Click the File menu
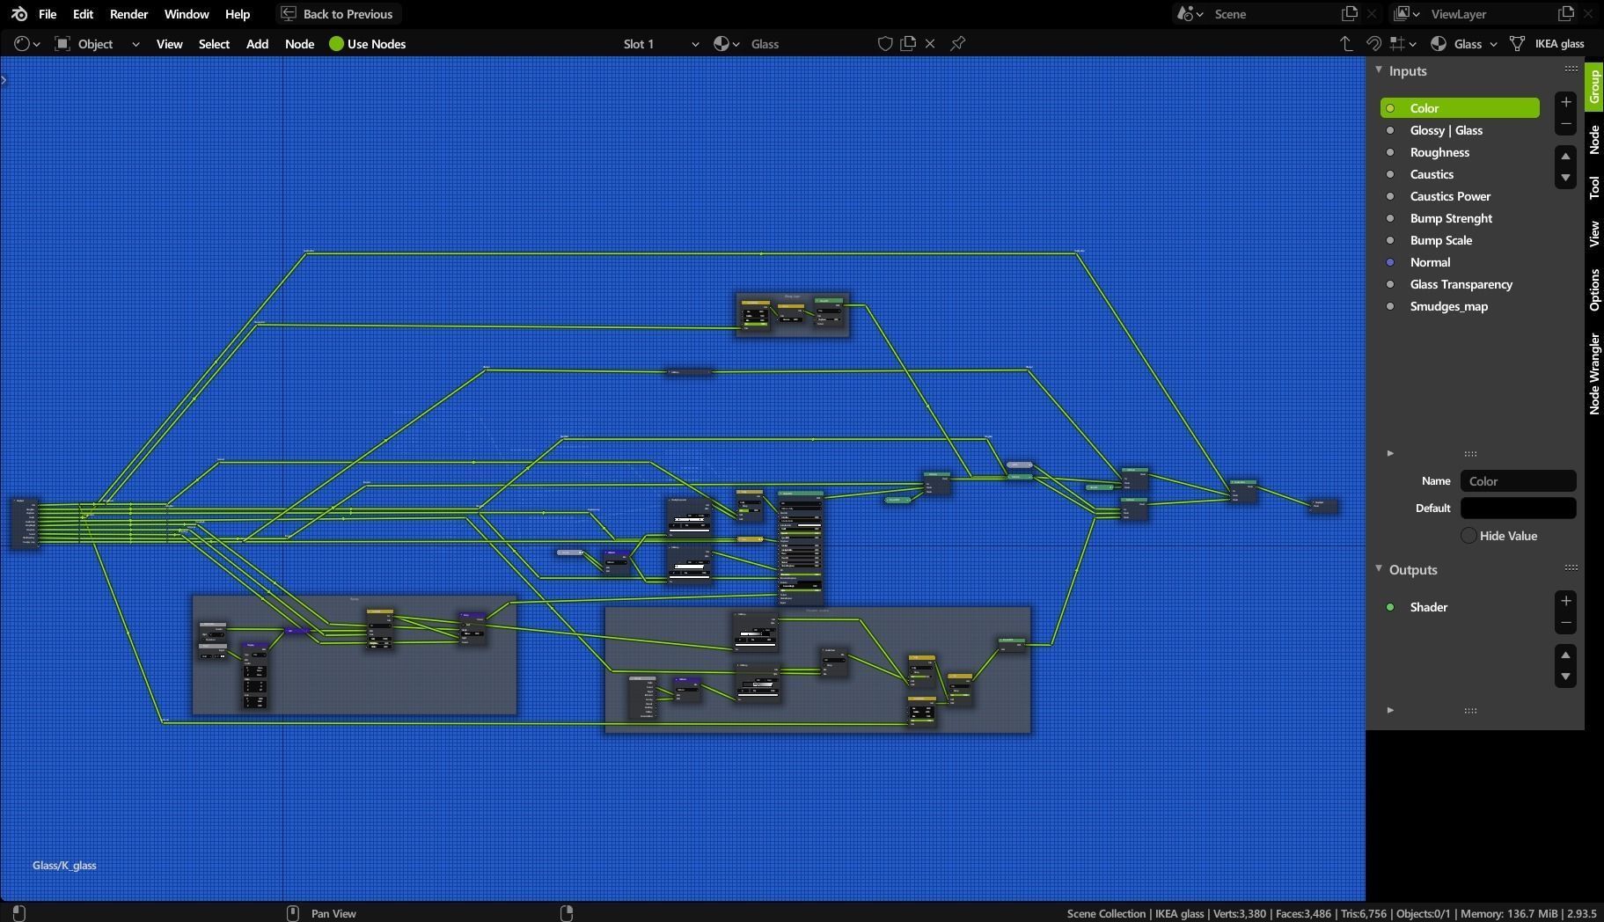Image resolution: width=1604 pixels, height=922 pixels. [x=48, y=14]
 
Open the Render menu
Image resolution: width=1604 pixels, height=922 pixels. [x=128, y=14]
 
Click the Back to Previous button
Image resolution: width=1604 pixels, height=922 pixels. [x=338, y=14]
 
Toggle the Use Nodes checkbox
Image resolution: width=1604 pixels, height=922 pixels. [x=337, y=44]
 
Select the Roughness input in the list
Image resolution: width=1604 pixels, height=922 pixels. [x=1439, y=152]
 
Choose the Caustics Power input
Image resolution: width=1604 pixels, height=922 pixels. [x=1450, y=196]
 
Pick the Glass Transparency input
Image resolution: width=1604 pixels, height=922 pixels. [x=1461, y=284]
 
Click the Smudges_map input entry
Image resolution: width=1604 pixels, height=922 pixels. [x=1448, y=306]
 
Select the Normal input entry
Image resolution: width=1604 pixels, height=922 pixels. [x=1430, y=262]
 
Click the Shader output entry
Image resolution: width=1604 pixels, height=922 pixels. [x=1428, y=607]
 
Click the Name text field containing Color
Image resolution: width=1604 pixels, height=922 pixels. [x=1518, y=481]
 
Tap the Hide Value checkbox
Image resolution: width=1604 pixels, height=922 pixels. [x=1469, y=536]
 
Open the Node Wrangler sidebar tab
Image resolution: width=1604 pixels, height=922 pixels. [x=1594, y=373]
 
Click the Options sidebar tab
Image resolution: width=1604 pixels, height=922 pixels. [x=1594, y=289]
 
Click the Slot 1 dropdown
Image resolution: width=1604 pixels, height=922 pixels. [x=660, y=44]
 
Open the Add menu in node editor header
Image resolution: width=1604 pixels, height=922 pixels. [x=257, y=44]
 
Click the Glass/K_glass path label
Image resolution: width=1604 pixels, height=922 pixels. [x=64, y=866]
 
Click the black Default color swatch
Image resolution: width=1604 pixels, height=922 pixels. [x=1518, y=509]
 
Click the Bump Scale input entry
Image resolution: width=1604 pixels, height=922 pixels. [x=1440, y=240]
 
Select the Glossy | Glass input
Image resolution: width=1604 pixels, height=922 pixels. [x=1446, y=130]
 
